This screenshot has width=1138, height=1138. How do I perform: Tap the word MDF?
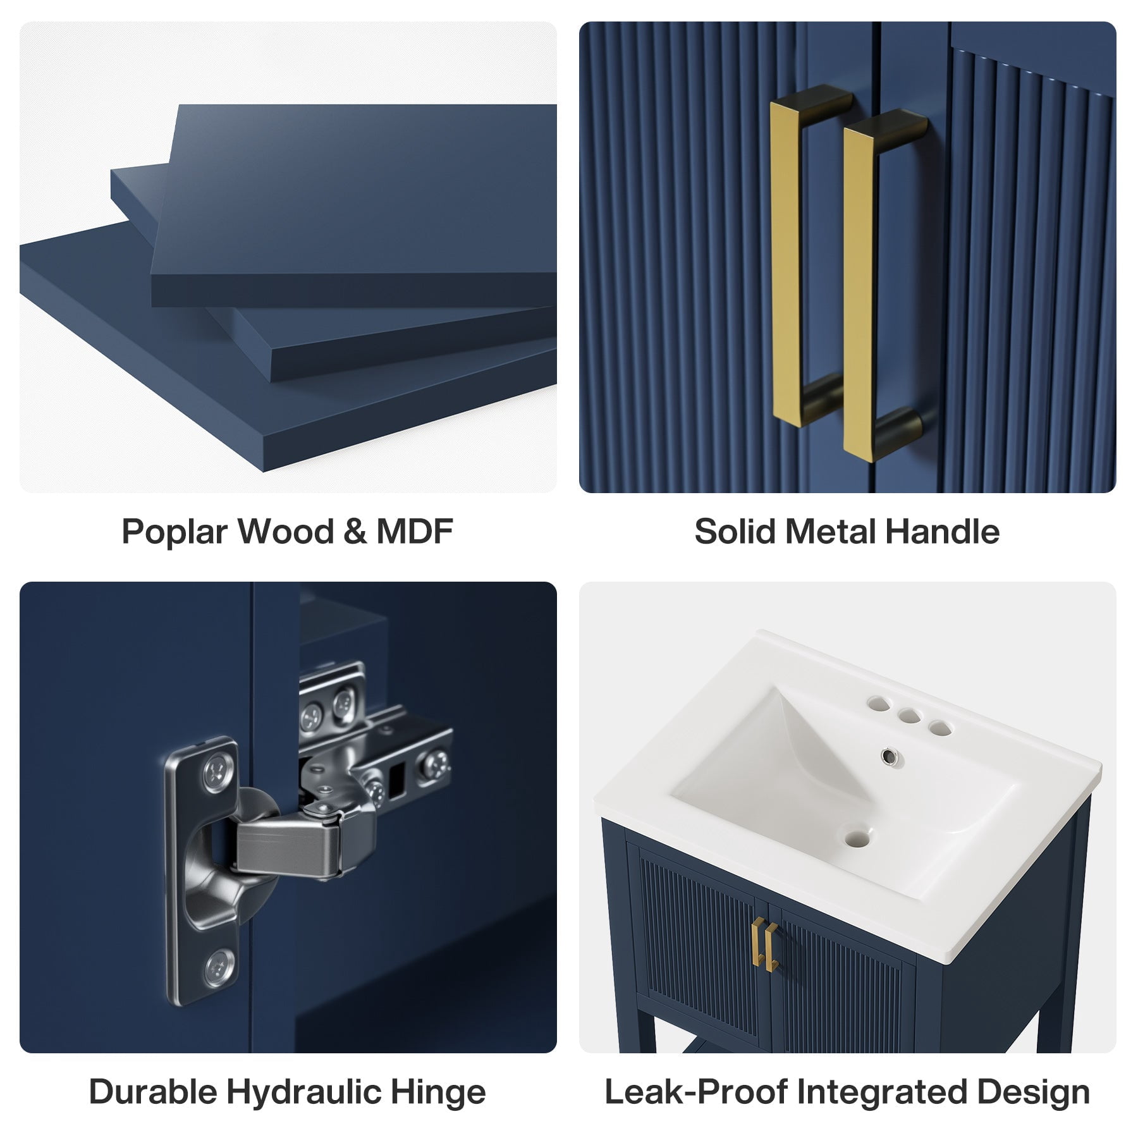pyautogui.click(x=415, y=531)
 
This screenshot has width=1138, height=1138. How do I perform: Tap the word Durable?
pyautogui.click(x=152, y=1092)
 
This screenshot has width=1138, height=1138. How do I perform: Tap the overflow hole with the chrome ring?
pyautogui.click(x=890, y=755)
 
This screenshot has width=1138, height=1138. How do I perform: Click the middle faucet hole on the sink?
pyautogui.click(x=909, y=716)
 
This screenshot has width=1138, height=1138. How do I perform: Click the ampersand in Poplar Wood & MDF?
pyautogui.click(x=355, y=532)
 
